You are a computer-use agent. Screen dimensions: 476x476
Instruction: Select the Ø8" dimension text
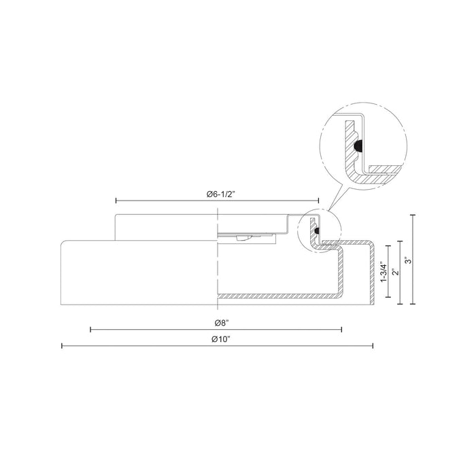pos(216,322)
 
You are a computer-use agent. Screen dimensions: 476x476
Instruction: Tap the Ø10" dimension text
pos(218,339)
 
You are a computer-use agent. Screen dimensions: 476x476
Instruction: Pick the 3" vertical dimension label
pos(408,260)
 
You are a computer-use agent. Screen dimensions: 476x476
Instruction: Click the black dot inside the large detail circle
pos(358,145)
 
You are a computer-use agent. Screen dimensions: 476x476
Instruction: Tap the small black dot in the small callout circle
pos(317,230)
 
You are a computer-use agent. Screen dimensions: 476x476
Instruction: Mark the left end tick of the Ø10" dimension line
pos(62,346)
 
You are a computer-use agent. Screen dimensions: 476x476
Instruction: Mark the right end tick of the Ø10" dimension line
pos(373,346)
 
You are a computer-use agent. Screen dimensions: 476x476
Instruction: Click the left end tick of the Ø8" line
pos(91,330)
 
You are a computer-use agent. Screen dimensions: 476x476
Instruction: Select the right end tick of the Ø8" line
pos(341,330)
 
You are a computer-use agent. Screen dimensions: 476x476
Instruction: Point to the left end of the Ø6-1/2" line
pos(116,201)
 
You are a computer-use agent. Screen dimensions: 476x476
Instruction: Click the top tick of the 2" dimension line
pos(401,239)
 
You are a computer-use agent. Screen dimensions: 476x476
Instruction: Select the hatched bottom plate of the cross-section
pos(279,296)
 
